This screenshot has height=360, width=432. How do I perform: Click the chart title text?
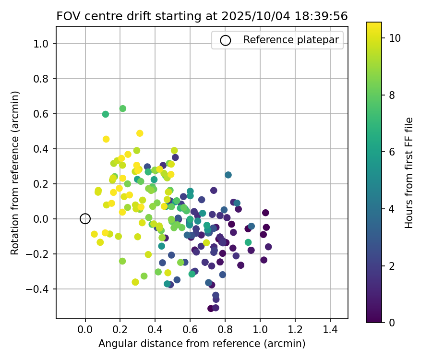pos(202,16)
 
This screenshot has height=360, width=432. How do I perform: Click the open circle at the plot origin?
pos(85,219)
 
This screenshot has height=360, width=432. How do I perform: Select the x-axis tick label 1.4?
pos(330,331)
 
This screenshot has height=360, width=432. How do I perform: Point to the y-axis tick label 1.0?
pos(44,44)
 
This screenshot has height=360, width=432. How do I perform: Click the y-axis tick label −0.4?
pos(42,289)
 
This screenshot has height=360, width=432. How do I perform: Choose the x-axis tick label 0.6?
pos(190,331)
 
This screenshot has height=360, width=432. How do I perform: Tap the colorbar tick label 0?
pos(392,323)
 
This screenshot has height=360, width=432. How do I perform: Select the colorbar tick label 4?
pos(392,209)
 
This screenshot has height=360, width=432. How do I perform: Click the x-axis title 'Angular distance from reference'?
pos(202,344)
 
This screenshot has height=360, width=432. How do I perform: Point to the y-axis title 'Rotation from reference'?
pos(15,173)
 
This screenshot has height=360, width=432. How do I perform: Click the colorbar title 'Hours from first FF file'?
pos(409,173)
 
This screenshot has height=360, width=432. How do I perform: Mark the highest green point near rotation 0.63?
pos(123,108)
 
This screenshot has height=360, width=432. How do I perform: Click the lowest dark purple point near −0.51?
pos(211,308)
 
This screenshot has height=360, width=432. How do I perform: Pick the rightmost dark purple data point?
pos(268,247)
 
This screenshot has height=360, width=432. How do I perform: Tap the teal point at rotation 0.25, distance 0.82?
pos(228,175)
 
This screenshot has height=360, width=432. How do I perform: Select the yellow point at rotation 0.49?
pos(140,133)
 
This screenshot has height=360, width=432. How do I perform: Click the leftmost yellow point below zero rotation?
pos(94,234)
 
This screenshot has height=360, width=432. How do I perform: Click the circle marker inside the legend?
pos(225,40)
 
